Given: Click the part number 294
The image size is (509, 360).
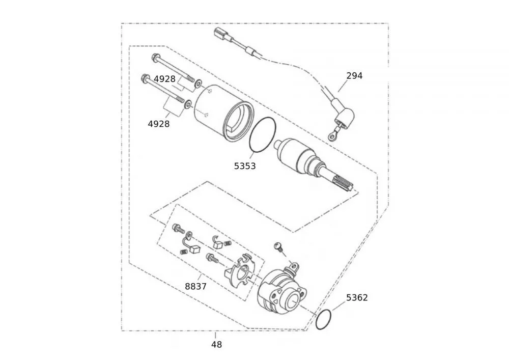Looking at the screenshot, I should (354, 76).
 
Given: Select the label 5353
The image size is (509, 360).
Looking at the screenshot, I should (245, 166).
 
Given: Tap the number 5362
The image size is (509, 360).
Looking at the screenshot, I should (357, 297).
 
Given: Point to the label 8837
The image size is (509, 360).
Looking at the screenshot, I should (195, 287).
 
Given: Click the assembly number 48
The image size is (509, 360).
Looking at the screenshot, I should (216, 345).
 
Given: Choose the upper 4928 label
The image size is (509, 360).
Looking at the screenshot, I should (164, 79).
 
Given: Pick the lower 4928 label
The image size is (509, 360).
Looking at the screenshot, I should (158, 123).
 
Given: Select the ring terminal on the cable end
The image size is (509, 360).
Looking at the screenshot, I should (332, 135).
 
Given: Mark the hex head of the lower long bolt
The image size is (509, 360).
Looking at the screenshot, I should (145, 78).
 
